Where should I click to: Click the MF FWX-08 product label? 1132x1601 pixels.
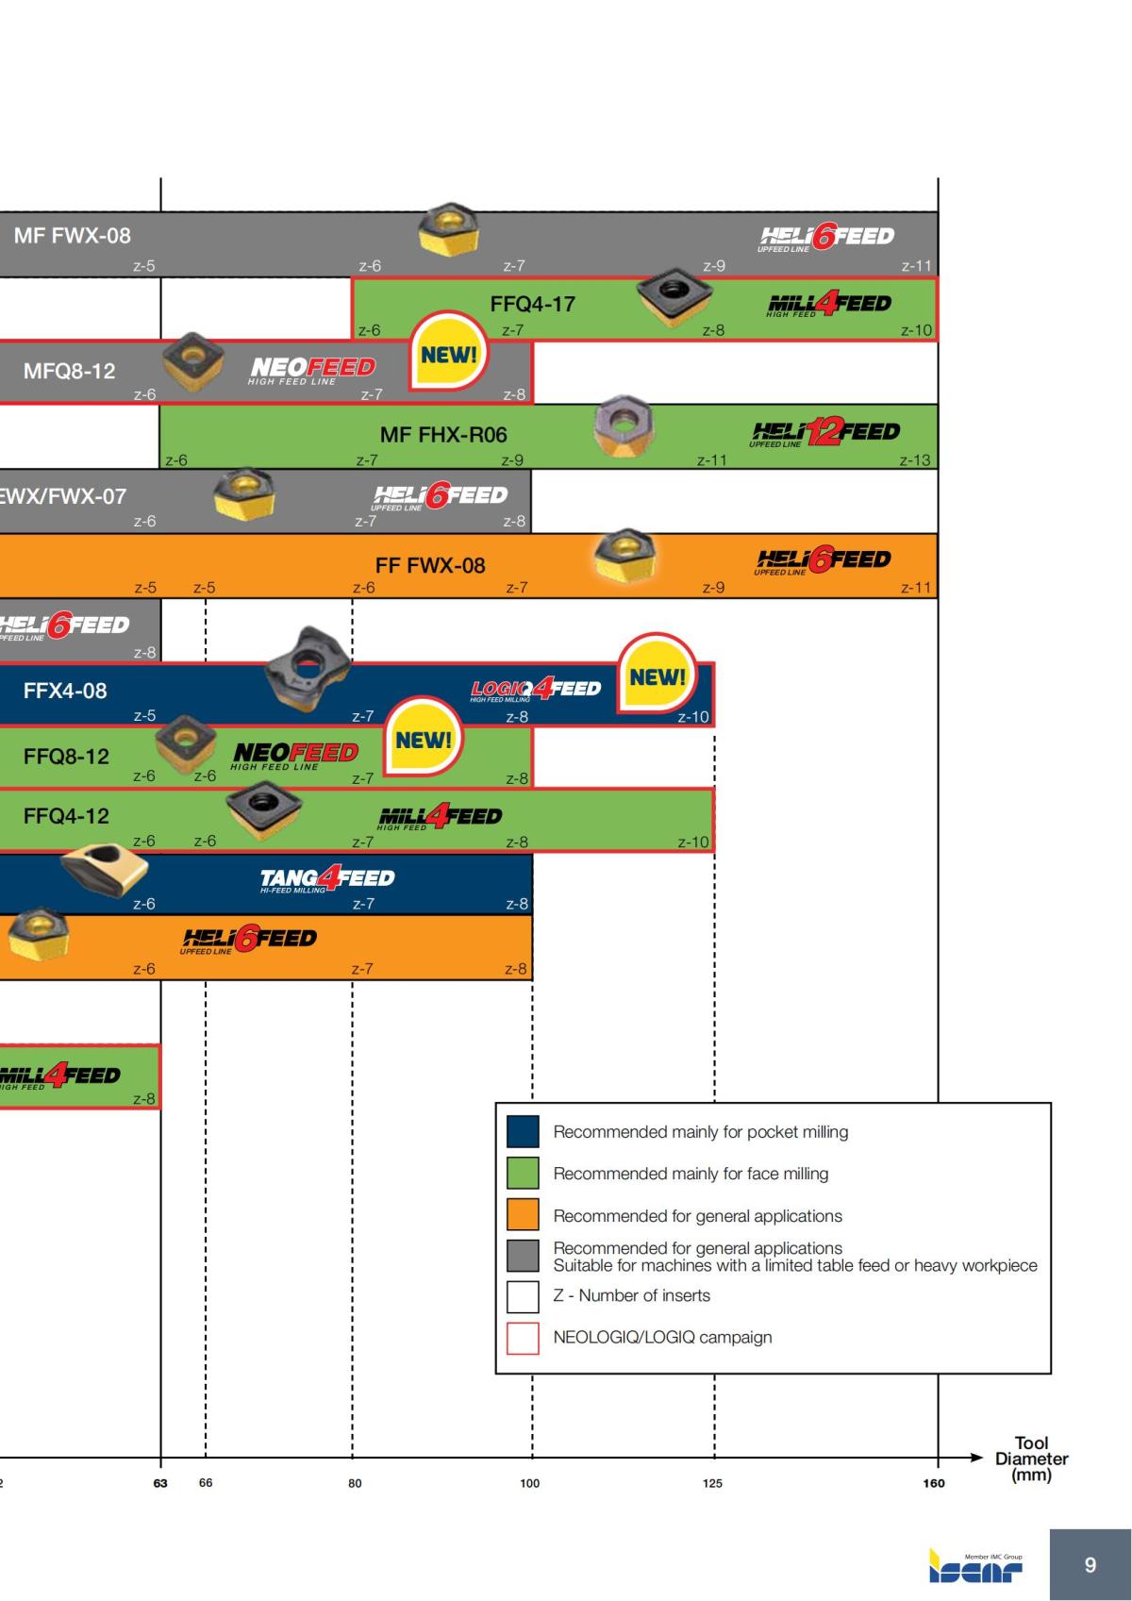[x=72, y=236]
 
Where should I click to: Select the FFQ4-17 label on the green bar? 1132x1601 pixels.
[x=532, y=304]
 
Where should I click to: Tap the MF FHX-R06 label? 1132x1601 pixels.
[x=443, y=435]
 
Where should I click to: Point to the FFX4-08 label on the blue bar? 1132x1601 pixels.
[x=65, y=691]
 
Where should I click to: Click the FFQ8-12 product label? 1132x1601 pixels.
[x=66, y=757]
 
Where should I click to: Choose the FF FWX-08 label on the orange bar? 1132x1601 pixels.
[x=430, y=566]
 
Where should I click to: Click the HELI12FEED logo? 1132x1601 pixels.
[x=825, y=433]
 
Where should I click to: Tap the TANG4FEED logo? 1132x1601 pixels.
[x=327, y=879]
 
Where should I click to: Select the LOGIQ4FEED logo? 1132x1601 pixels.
[x=535, y=690]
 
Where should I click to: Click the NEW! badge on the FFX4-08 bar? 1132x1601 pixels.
[x=658, y=676]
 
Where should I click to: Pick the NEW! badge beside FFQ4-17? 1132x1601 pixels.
[x=449, y=356]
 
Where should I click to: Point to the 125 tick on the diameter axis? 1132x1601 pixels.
[x=712, y=1484]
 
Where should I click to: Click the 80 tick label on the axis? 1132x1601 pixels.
[x=355, y=1484]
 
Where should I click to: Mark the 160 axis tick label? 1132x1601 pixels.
[x=934, y=1484]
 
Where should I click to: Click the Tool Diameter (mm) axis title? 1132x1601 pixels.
[x=1031, y=1459]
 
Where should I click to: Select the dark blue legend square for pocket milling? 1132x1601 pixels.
[x=523, y=1131]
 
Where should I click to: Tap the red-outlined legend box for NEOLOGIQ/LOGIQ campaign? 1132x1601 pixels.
[x=523, y=1338]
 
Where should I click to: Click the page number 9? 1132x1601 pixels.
[x=1090, y=1565]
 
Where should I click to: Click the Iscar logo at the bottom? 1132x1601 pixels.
[x=975, y=1565]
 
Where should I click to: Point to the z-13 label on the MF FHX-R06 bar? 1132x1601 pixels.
[x=914, y=460]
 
